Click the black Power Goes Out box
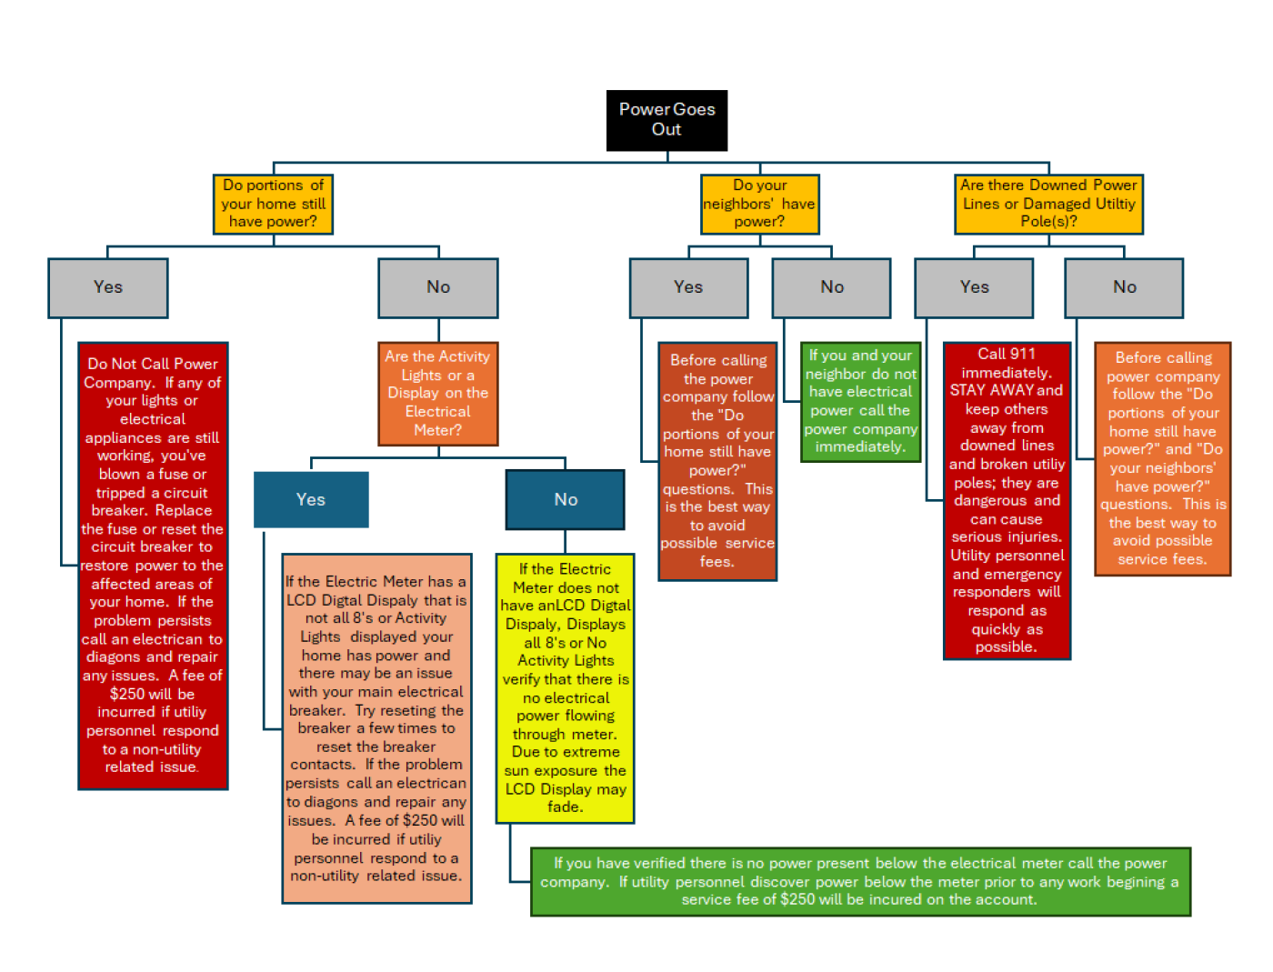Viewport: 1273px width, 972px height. pos(667,119)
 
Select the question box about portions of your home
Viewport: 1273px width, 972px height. pos(273,204)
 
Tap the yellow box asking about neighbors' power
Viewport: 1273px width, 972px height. pos(760,204)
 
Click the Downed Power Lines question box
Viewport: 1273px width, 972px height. pos(1048,204)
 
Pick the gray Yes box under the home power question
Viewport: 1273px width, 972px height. pos(108,287)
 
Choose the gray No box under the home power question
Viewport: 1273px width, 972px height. pos(438,287)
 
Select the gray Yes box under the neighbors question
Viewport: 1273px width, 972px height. pos(688,287)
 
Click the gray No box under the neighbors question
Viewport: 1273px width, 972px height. pos(831,287)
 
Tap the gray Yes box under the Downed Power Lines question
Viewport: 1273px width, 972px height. pos(974,287)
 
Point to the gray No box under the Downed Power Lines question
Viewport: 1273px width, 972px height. pos(1124,287)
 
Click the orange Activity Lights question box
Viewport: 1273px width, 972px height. pos(438,393)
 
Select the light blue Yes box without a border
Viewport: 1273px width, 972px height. pos(311,499)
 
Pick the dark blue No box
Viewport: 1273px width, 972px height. pos(566,499)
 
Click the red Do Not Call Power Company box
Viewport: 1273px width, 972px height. pos(153,565)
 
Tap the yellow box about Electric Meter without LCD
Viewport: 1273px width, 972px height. pos(565,687)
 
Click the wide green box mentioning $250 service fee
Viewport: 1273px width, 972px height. pos(860,881)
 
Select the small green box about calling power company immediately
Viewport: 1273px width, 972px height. pos(860,401)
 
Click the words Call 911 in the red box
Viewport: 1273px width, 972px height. pos(1007,354)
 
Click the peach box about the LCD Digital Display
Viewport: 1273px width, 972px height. pos(376,727)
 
